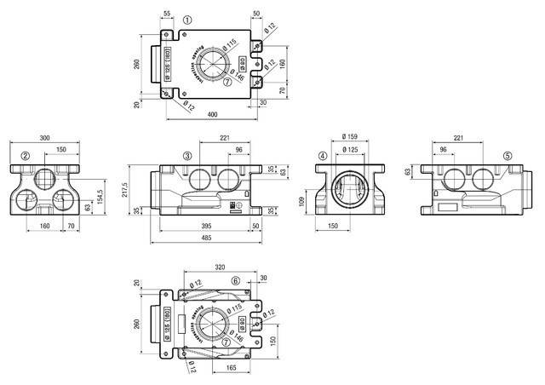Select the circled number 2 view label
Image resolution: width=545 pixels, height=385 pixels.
coord(26,156)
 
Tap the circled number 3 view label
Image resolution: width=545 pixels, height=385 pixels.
coord(186,156)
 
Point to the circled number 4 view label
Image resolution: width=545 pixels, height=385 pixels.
coord(323,156)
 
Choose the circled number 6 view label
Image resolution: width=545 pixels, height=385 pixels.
coord(236,280)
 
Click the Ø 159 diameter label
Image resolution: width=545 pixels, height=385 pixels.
coord(348,136)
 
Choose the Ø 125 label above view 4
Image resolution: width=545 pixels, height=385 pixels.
coord(348,149)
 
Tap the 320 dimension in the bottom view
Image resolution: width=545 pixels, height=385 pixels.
coord(220,267)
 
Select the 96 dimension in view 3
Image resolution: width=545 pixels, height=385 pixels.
coord(238,149)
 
